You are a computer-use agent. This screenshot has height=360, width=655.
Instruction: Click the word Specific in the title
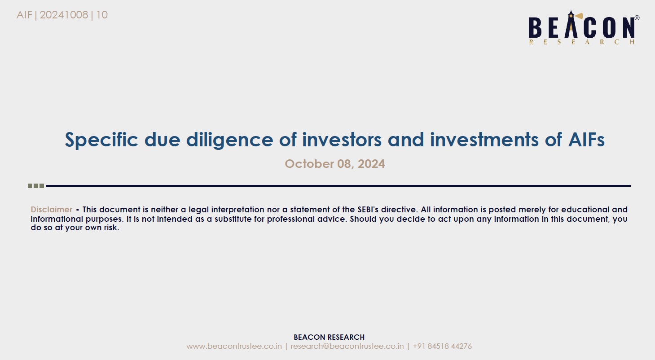coord(101,140)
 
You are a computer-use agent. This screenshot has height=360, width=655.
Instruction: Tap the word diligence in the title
coord(229,140)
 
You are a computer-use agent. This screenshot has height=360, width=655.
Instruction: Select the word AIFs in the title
coord(586,140)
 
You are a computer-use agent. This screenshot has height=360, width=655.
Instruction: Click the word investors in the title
coord(342,140)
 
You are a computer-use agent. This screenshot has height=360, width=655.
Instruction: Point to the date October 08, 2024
coord(335,164)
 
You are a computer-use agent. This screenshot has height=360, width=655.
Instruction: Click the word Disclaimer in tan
coord(52,209)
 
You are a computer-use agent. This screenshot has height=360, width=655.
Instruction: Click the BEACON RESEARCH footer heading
coord(329,337)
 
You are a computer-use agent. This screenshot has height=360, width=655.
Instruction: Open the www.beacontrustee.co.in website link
coord(234,346)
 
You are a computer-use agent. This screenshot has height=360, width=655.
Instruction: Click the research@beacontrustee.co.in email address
coord(347,346)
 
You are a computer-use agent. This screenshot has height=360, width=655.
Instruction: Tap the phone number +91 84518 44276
coord(442,346)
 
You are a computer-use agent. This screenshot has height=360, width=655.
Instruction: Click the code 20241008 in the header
coord(64,15)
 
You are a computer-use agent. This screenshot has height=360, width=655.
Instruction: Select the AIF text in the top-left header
coord(24,15)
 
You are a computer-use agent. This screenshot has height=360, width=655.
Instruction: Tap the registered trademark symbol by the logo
coord(637,18)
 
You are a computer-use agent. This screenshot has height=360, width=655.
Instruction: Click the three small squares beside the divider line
coord(35,186)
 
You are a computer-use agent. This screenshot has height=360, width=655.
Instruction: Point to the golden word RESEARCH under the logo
coord(582,42)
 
